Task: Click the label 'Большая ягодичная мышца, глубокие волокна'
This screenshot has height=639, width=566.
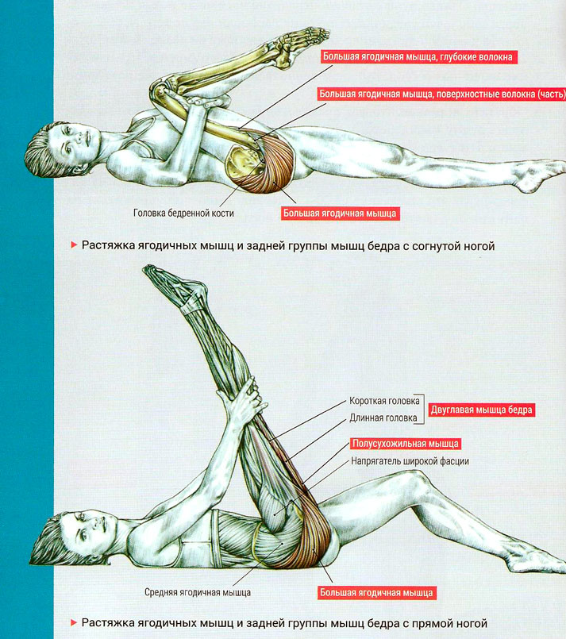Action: point(418,56)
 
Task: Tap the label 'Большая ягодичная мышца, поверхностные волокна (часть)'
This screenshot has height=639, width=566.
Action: point(441,94)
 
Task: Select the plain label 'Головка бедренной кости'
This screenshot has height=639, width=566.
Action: point(184,213)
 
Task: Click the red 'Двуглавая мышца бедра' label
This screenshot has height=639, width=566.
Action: point(481,410)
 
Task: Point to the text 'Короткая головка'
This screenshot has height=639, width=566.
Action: point(384,401)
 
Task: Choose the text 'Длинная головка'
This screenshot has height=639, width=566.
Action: point(383,418)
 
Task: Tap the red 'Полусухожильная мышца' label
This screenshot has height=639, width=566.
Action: point(406,444)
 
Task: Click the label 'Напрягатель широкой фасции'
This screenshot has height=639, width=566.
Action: point(410,461)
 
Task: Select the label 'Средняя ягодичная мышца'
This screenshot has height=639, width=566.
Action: point(198,592)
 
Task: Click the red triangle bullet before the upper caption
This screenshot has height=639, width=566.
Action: point(74,245)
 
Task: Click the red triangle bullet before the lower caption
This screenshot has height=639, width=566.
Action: point(74,622)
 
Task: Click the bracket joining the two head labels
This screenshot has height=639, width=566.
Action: point(422,409)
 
